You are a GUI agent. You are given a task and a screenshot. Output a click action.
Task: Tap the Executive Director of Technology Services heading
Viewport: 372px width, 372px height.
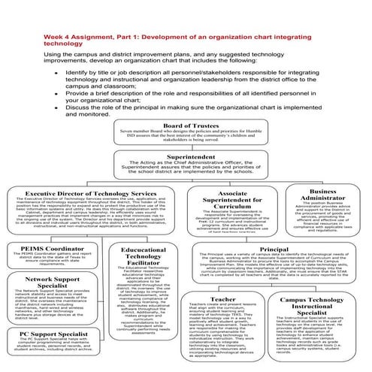coord(95,193)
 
